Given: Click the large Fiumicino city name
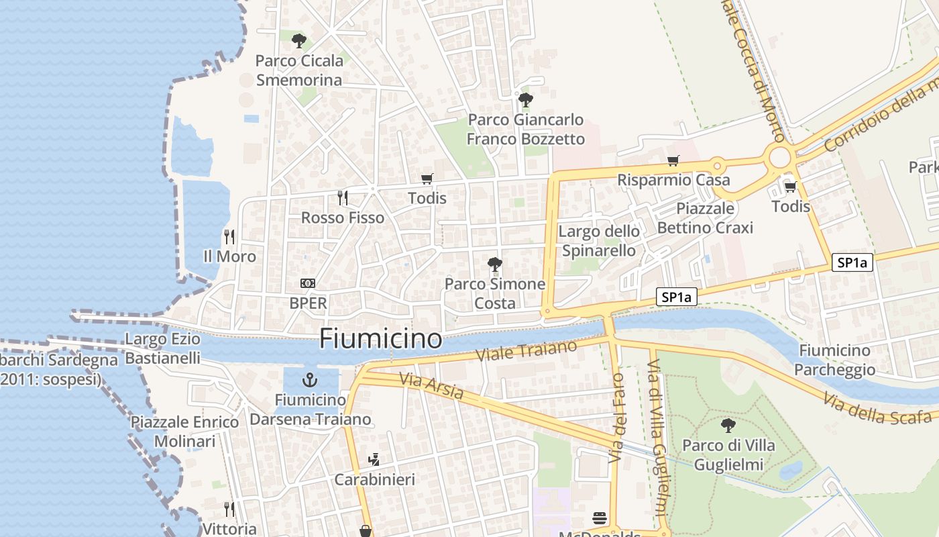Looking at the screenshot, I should coord(380,338).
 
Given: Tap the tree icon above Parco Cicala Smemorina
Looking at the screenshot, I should coord(299,41).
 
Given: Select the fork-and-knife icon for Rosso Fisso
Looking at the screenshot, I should coord(343,197).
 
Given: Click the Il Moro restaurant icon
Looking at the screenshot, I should coord(229,236).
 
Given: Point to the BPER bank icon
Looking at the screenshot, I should coord(308,283).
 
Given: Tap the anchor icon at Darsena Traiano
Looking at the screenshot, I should coord(310,380).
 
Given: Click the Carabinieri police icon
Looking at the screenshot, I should coord(374,460).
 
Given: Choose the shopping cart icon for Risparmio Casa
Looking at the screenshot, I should coord(673,160).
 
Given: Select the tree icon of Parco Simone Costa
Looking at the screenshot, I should coord(495,264).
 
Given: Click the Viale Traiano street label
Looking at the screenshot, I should coord(526,351).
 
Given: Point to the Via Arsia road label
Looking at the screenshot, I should coord(431,386).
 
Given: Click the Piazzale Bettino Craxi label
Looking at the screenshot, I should coord(705,218).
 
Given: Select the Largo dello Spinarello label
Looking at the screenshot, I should coord(599,241).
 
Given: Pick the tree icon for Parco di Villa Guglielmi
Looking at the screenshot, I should coord(728,425).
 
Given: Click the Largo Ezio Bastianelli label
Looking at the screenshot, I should coord(163,348).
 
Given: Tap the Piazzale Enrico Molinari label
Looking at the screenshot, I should coord(184,432).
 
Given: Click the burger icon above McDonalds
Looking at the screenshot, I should coord(600,518).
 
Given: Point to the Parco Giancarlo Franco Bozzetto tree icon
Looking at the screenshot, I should coord(526,100).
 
